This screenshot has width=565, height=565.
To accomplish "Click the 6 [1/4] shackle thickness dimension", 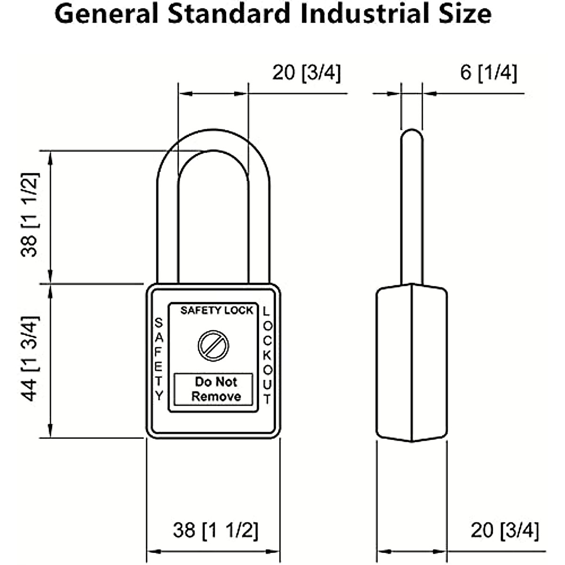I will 488,73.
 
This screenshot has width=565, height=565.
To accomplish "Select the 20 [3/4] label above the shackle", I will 307,73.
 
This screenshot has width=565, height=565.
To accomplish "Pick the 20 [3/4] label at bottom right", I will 505,530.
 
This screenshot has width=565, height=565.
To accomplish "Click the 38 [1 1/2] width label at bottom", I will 216,530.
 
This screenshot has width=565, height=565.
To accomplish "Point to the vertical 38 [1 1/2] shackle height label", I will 30,215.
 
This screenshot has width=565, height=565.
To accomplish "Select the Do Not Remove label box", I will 213,389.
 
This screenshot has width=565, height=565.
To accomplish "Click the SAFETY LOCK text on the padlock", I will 217,310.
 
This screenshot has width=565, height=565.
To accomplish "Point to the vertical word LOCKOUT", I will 267,355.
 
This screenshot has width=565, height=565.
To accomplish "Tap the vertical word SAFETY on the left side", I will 159,359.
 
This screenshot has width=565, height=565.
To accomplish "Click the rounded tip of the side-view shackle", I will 412,134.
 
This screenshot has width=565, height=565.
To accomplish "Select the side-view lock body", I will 412,363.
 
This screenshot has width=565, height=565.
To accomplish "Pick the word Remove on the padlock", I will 216,396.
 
